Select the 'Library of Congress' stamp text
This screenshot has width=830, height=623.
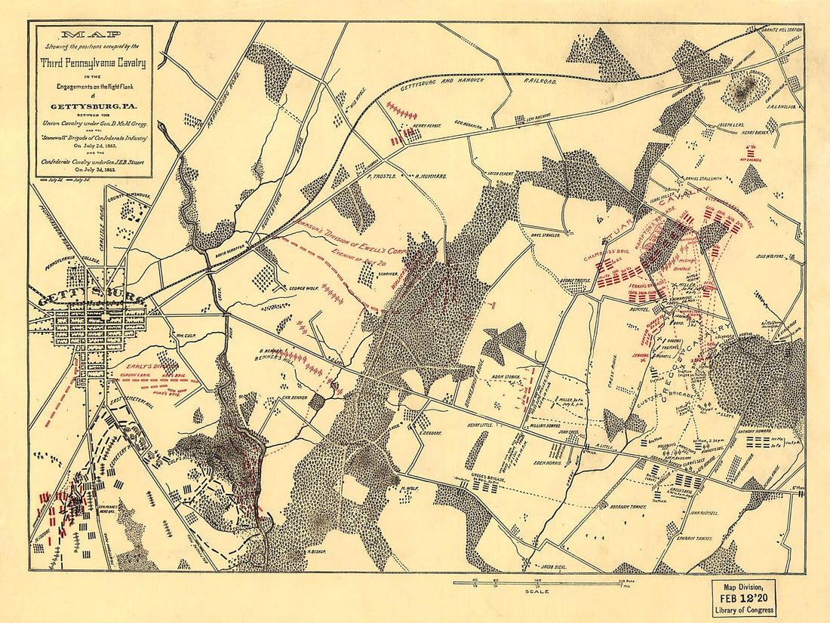click(743, 609)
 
